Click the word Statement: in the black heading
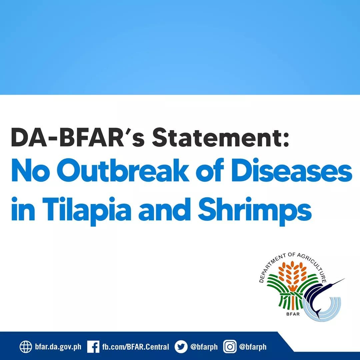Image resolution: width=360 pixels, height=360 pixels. [x=220, y=137]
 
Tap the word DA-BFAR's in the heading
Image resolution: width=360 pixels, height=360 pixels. [x=78, y=137]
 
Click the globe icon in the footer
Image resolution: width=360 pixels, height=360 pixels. [x=25, y=346]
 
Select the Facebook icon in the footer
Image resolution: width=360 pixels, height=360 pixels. [x=93, y=346]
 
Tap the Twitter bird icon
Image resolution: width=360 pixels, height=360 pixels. [x=181, y=346]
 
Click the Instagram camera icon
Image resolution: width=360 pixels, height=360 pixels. [x=230, y=346]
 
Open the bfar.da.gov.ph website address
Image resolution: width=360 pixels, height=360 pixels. [x=58, y=346]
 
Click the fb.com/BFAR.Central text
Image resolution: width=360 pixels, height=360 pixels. [x=135, y=346]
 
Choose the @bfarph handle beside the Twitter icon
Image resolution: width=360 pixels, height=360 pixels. [x=204, y=346]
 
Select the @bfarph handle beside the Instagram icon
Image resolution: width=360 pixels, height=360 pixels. [x=253, y=346]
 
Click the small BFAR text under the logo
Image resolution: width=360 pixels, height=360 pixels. [x=293, y=314]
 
